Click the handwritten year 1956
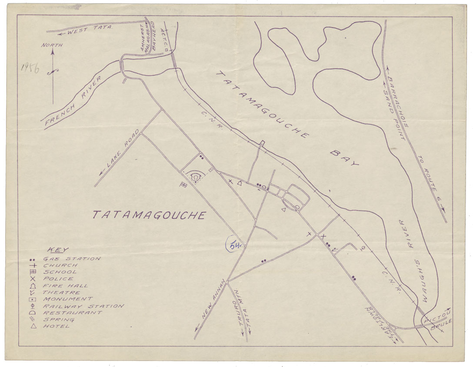[x=29, y=68]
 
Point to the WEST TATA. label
[x=87, y=29]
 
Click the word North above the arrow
[x=52, y=45]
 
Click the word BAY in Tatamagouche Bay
[x=345, y=158]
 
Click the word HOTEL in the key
[x=56, y=326]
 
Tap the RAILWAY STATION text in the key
[x=83, y=306]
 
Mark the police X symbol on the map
[x=323, y=236]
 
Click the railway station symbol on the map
[x=363, y=248]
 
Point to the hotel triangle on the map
[x=283, y=210]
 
